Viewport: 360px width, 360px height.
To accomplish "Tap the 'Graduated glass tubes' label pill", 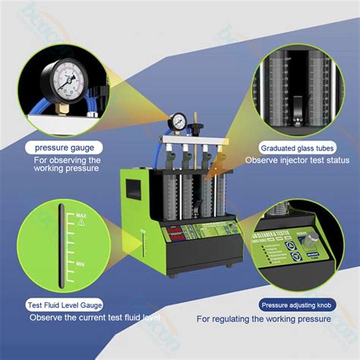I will pyautogui.click(x=292, y=147).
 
